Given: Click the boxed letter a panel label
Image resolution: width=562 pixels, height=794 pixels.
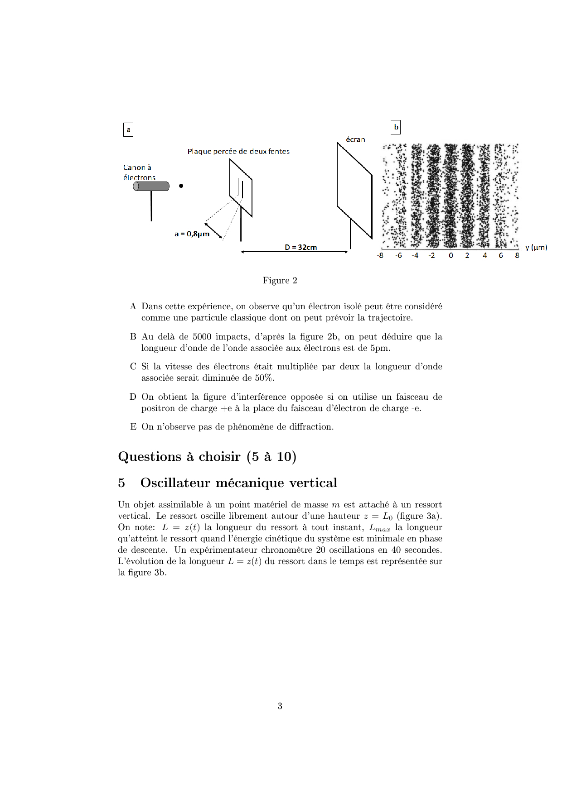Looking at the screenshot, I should pyautogui.click(x=128, y=130).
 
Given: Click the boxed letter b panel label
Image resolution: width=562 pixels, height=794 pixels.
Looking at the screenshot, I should pyautogui.click(x=396, y=127).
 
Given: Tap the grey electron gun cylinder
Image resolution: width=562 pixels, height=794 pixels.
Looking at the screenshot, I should pyautogui.click(x=151, y=186).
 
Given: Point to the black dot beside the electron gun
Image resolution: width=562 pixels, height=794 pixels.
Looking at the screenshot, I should pyautogui.click(x=181, y=186).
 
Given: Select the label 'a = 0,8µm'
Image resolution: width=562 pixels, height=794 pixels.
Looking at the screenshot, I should pyautogui.click(x=192, y=234).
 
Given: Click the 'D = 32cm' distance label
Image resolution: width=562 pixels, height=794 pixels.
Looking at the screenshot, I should pyautogui.click(x=300, y=247).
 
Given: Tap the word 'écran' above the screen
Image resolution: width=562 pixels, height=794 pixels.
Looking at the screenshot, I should pyautogui.click(x=355, y=139).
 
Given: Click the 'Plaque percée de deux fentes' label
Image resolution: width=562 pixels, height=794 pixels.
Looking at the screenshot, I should pyautogui.click(x=238, y=151).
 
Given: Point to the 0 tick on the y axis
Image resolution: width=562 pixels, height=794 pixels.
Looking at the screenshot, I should pyautogui.click(x=451, y=255).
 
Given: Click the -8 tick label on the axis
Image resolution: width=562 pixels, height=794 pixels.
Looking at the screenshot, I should pyautogui.click(x=380, y=255).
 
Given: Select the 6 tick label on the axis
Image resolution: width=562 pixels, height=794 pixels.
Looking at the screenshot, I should pyautogui.click(x=501, y=255).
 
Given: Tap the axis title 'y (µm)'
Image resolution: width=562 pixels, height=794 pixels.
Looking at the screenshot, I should pyautogui.click(x=536, y=247).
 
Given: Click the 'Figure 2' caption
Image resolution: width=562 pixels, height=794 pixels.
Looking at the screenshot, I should pyautogui.click(x=280, y=280).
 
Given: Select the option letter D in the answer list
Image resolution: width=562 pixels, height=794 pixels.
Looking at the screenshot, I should pyautogui.click(x=133, y=397).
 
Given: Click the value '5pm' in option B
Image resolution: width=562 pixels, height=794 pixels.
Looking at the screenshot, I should pyautogui.click(x=380, y=348).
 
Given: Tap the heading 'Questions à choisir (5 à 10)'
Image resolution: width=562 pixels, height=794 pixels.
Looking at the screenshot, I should pyautogui.click(x=207, y=456).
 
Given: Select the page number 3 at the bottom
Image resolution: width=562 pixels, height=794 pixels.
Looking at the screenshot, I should pyautogui.click(x=280, y=706).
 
